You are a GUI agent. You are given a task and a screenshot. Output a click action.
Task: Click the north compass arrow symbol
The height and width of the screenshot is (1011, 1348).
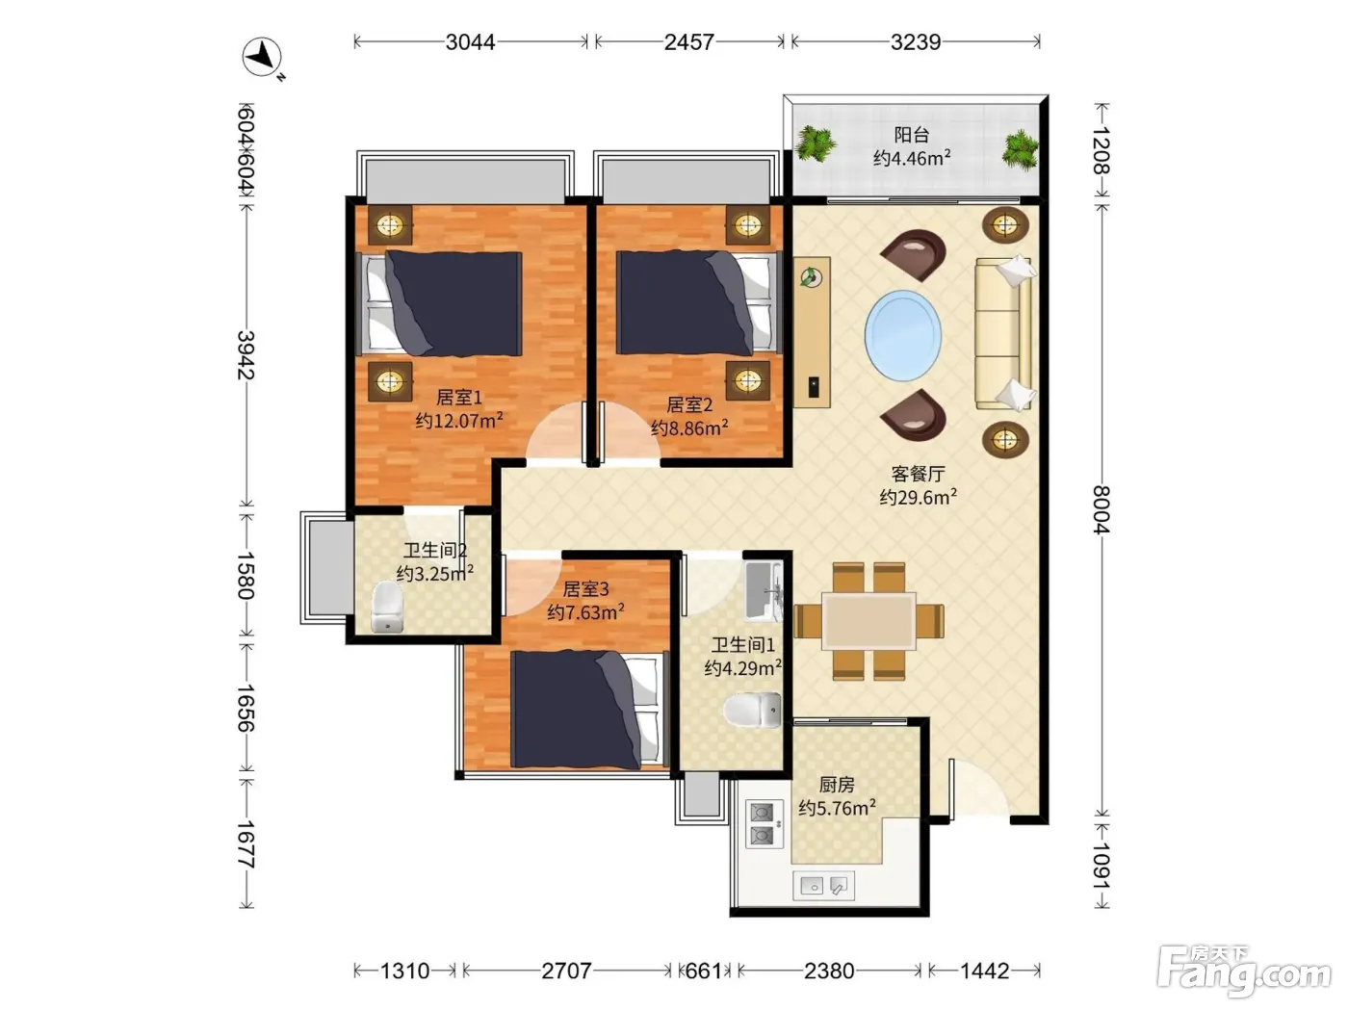(x=263, y=57)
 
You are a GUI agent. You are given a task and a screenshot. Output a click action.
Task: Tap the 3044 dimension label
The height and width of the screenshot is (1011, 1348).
(x=471, y=41)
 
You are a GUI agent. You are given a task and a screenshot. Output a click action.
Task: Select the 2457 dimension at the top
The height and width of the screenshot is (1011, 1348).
(x=689, y=41)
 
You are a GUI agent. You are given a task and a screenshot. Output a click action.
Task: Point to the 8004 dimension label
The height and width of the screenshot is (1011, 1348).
(x=1102, y=510)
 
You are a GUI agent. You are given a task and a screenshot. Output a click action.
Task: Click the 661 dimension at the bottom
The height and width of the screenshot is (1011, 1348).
(x=703, y=971)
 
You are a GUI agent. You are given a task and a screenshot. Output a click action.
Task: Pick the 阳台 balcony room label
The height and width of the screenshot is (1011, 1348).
(x=912, y=135)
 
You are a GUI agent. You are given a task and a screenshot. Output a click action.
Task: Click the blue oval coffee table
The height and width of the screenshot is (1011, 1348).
(x=903, y=336)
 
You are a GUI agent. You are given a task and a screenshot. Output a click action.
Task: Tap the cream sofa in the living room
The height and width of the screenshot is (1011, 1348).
(x=1003, y=333)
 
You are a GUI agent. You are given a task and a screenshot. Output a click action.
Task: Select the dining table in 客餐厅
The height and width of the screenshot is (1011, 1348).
(x=868, y=621)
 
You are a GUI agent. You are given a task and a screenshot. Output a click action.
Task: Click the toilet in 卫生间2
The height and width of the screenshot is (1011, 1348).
(x=387, y=607)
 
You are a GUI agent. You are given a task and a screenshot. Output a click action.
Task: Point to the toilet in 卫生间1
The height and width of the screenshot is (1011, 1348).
(x=752, y=711)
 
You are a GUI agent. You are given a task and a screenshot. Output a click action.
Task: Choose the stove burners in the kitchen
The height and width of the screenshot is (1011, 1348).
(x=764, y=824)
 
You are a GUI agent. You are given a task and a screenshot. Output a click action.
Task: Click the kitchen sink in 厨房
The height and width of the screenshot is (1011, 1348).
(x=823, y=885)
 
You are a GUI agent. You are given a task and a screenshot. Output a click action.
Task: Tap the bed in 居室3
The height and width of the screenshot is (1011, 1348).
(x=588, y=710)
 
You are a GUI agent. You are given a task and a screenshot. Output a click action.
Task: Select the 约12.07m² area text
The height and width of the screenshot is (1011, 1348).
(x=459, y=421)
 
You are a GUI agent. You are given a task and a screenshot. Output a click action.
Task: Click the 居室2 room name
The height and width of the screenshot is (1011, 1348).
(x=689, y=404)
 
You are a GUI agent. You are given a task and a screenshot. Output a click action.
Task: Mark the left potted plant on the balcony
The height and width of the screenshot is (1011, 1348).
(x=815, y=144)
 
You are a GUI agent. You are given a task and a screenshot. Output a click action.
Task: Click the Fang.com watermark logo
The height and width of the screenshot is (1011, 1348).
(x=1243, y=971)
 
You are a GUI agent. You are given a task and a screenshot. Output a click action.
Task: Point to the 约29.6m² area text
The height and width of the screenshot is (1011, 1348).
(x=919, y=497)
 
